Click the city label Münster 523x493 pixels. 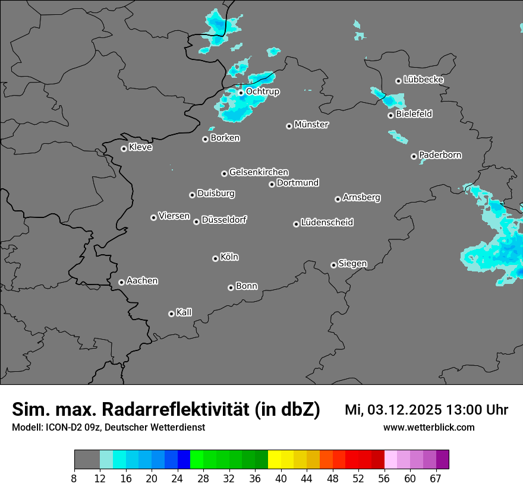pyautogui.click(x=311, y=125)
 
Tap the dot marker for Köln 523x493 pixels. pyautogui.click(x=215, y=258)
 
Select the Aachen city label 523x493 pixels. pyautogui.click(x=142, y=281)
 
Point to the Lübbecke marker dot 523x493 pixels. pyautogui.click(x=398, y=81)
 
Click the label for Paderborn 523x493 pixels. pyautogui.click(x=440, y=155)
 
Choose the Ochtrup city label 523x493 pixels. pyautogui.click(x=263, y=91)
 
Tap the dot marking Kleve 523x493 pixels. pyautogui.click(x=124, y=148)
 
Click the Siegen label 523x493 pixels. pyautogui.click(x=352, y=264)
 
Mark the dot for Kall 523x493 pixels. pyautogui.click(x=171, y=314)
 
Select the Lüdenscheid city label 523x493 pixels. pyautogui.click(x=327, y=223)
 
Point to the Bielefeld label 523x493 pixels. pyautogui.click(x=414, y=114)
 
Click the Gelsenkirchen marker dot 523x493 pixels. pyautogui.click(x=224, y=173)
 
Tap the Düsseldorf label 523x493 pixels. pyautogui.click(x=224, y=220)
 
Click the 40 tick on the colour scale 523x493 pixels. pyautogui.click(x=281, y=478)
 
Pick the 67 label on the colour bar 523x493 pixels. pyautogui.click(x=436, y=478)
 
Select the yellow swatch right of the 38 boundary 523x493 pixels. pyautogui.click(x=275, y=460)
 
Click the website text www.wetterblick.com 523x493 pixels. pyautogui.click(x=429, y=427)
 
